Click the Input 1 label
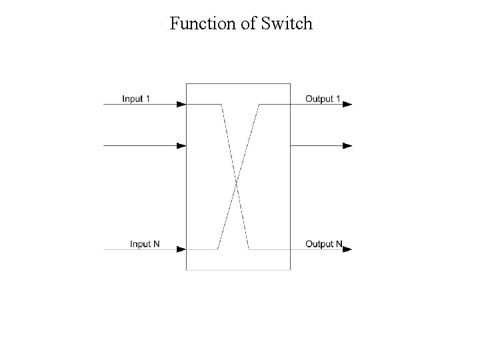[136, 99]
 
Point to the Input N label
[145, 244]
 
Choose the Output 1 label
[323, 99]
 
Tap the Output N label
[323, 244]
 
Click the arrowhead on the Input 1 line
[181, 104]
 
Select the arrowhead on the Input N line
[181, 249]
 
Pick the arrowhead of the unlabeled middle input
[181, 145]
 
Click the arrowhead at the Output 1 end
[347, 104]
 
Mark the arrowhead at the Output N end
[347, 249]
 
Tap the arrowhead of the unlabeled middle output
[347, 145]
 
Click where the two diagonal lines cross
[236, 179]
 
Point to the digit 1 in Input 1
[148, 99]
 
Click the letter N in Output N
[339, 244]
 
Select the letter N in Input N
[157, 244]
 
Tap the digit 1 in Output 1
[338, 99]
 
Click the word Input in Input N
[140, 244]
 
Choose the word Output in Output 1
[319, 99]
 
